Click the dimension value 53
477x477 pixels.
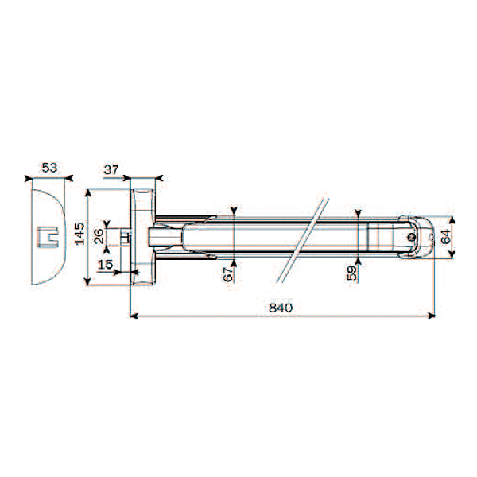(x=49, y=168)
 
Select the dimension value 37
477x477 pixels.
(x=112, y=169)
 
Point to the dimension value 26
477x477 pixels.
(x=98, y=237)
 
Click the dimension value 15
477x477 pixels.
(x=105, y=263)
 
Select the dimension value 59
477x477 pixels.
(x=351, y=273)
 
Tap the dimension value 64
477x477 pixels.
(x=445, y=235)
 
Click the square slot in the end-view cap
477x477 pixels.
(x=48, y=236)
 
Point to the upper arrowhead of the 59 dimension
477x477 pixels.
(x=359, y=214)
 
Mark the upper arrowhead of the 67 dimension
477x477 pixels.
(x=235, y=211)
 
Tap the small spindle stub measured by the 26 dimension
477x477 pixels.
(x=124, y=236)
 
